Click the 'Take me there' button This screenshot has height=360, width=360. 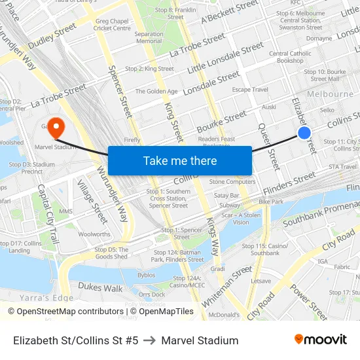(x=180, y=160)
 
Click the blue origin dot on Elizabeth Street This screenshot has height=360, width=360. (x=304, y=133)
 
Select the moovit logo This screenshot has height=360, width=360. (x=321, y=339)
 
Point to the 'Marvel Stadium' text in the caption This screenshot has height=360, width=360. (x=200, y=340)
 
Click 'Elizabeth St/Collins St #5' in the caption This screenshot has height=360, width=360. (x=75, y=340)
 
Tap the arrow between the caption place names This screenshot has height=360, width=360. (x=149, y=340)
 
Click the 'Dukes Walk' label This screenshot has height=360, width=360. (x=100, y=287)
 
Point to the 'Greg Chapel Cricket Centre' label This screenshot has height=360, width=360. (x=111, y=25)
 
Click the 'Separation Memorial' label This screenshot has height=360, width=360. (x=149, y=37)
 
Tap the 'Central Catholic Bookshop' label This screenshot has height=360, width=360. (x=290, y=57)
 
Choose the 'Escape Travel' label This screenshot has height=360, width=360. (x=250, y=90)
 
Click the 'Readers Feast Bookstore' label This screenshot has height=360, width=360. (x=217, y=142)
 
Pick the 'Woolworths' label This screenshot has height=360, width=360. (x=94, y=234)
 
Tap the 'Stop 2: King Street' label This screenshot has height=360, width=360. (x=149, y=69)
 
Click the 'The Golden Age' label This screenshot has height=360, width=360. (x=156, y=92)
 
